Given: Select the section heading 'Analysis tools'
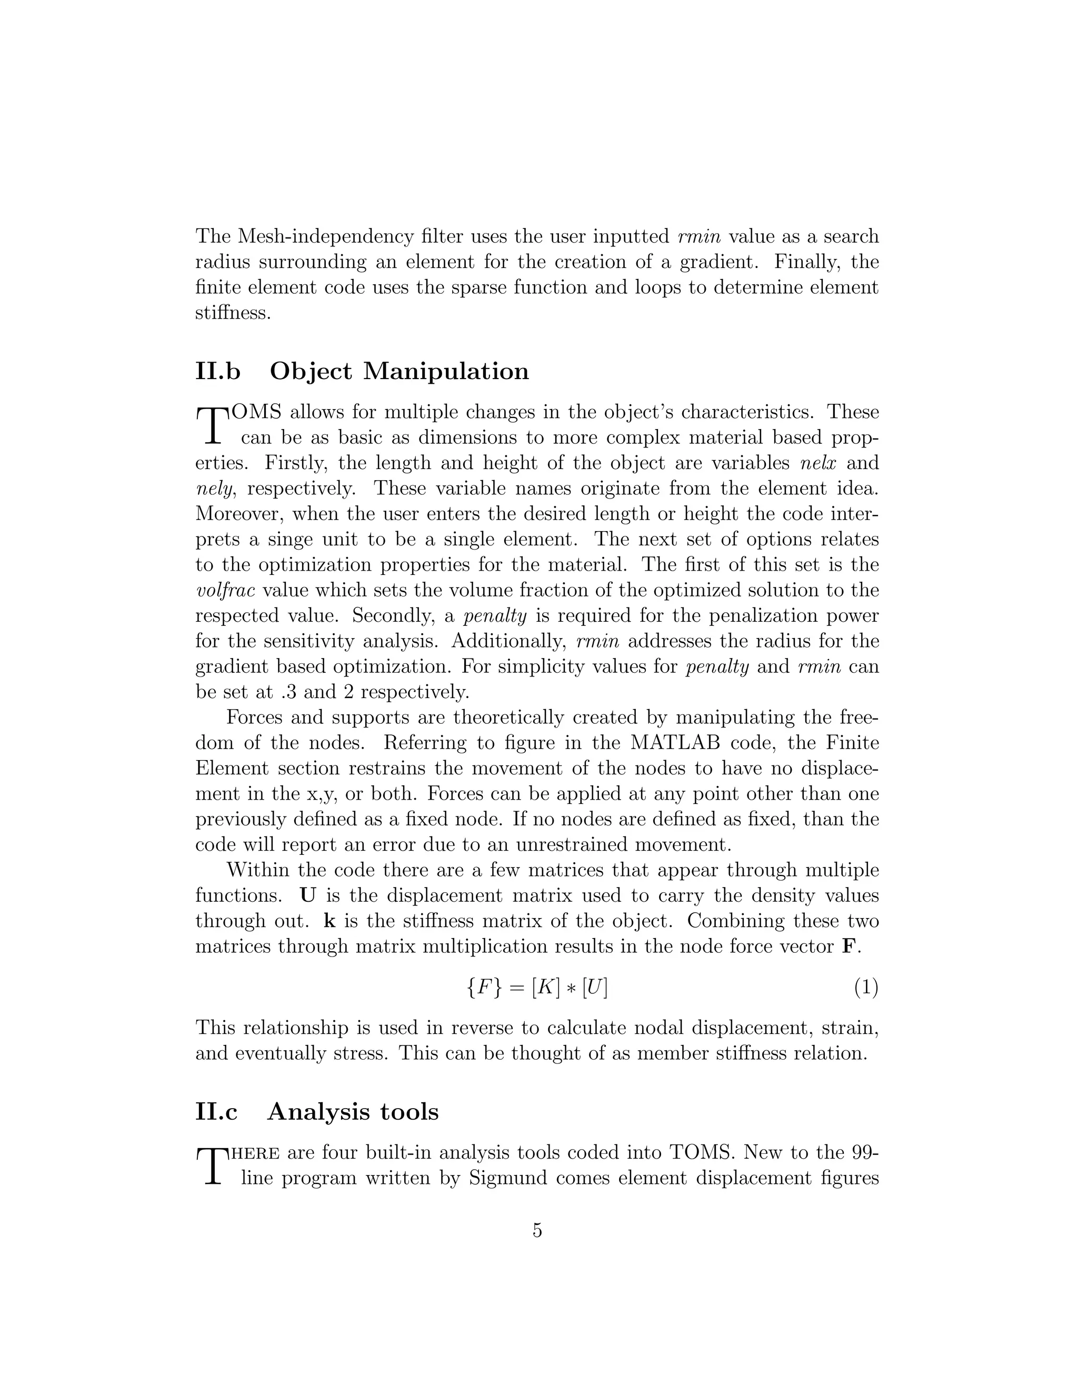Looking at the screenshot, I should point(353,1112).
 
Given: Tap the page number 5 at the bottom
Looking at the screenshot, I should point(537,1230).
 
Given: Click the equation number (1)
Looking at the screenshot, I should point(866,988).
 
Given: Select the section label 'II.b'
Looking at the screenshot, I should point(218,372).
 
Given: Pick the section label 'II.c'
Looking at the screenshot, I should point(216,1112).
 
